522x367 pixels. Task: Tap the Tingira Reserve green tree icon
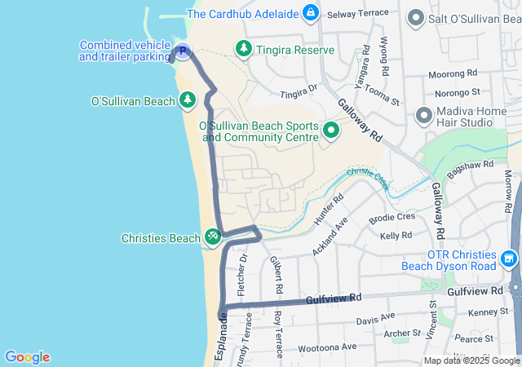pos(243,50)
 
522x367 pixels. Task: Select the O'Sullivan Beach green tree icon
pos(188,101)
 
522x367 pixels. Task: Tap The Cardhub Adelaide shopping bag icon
pos(310,13)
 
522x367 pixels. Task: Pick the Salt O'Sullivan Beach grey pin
pos(415,18)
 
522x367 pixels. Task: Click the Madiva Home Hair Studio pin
pos(423,115)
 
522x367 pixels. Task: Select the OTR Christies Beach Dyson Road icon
pos(510,260)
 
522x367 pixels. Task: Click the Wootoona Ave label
pos(326,347)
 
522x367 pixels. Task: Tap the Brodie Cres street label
pos(392,218)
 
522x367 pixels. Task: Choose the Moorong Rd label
pos(453,75)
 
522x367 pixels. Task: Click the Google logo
pos(27,356)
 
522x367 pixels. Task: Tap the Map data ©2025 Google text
pos(471,360)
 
